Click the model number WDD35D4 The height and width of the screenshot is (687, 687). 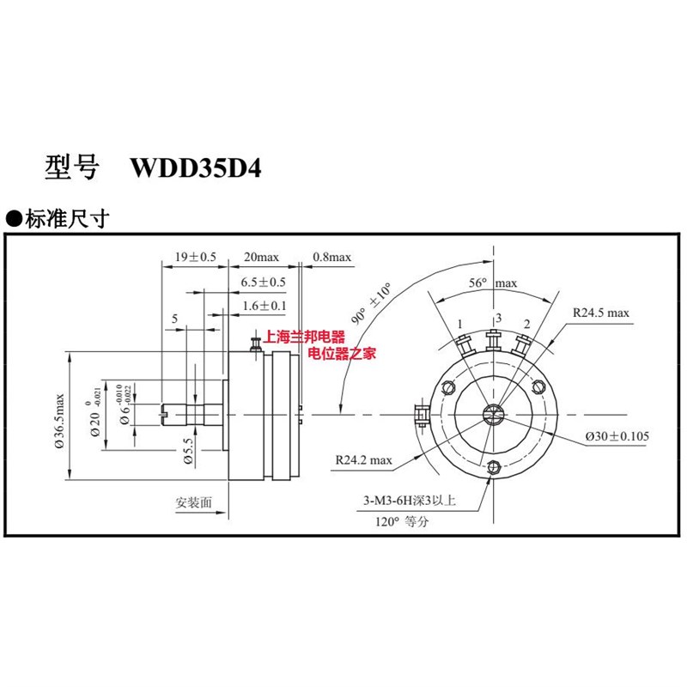click(x=194, y=167)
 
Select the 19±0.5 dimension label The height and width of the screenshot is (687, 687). click(x=194, y=257)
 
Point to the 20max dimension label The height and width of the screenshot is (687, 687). click(x=262, y=257)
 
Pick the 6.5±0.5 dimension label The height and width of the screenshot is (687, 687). click(x=263, y=282)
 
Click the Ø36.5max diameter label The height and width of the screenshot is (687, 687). click(x=59, y=421)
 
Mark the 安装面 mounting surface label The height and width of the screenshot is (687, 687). click(x=192, y=502)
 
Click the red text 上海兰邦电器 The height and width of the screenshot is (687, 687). click(x=306, y=338)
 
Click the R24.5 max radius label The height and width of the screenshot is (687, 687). click(x=601, y=313)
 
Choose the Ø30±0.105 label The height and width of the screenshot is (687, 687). click(x=617, y=436)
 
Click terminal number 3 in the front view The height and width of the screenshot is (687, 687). click(x=496, y=319)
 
